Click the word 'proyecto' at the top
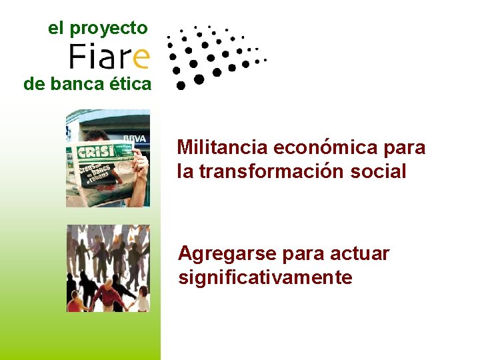click(108, 29)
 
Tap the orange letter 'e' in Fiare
click(141, 57)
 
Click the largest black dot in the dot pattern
click(199, 79)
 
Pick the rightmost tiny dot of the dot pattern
click(265, 60)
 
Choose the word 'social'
click(381, 171)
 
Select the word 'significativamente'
click(265, 277)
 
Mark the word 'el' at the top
click(56, 29)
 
